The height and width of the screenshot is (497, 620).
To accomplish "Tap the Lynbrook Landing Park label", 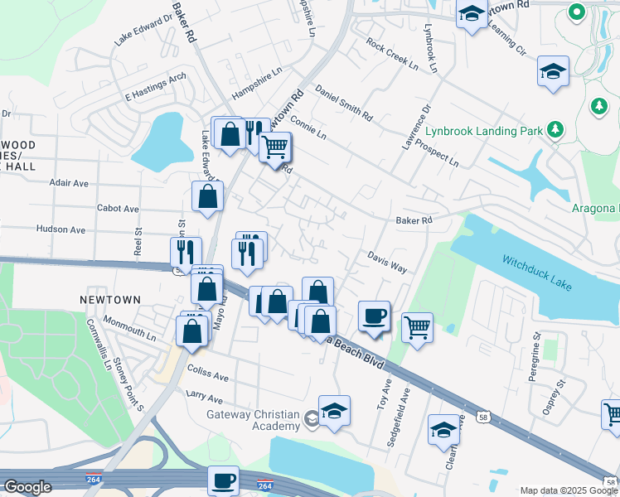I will click(x=483, y=131).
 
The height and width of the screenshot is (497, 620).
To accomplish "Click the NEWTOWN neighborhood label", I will click(x=110, y=299).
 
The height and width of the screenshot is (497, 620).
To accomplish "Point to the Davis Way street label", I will click(x=387, y=263).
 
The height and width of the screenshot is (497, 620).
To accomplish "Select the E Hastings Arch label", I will click(x=155, y=88).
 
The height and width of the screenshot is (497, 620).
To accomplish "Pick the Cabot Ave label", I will click(x=118, y=209).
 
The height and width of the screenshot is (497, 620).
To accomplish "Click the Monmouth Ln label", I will click(x=128, y=329).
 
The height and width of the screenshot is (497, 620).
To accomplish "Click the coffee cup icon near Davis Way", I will click(x=374, y=316).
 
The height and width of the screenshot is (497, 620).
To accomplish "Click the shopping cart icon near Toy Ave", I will click(x=418, y=326).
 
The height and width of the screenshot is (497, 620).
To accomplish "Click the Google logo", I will click(x=27, y=487).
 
